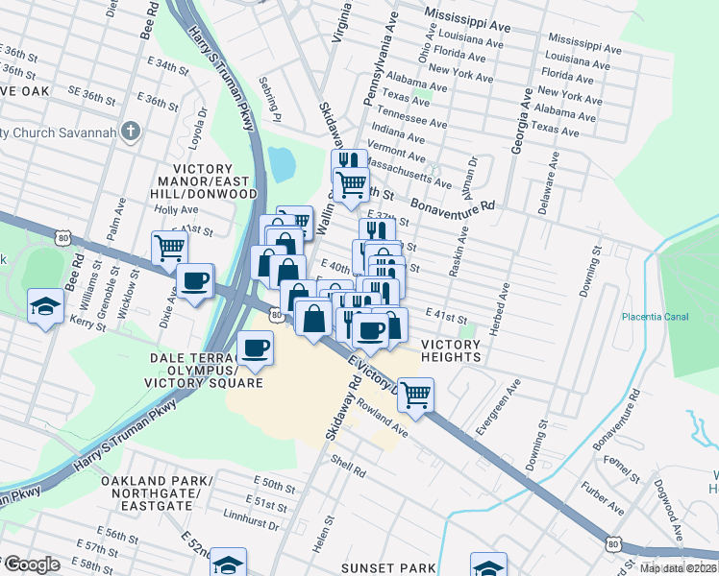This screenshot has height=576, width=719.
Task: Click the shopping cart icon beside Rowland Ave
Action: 415,394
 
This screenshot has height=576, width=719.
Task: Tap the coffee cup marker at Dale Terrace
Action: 255,347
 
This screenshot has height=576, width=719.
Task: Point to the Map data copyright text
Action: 677,568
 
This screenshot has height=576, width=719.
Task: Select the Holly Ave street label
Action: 176,208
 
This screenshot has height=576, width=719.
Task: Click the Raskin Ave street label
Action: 458,252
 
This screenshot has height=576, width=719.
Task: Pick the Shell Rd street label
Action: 348,471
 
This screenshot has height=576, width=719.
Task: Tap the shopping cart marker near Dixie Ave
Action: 170,248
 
